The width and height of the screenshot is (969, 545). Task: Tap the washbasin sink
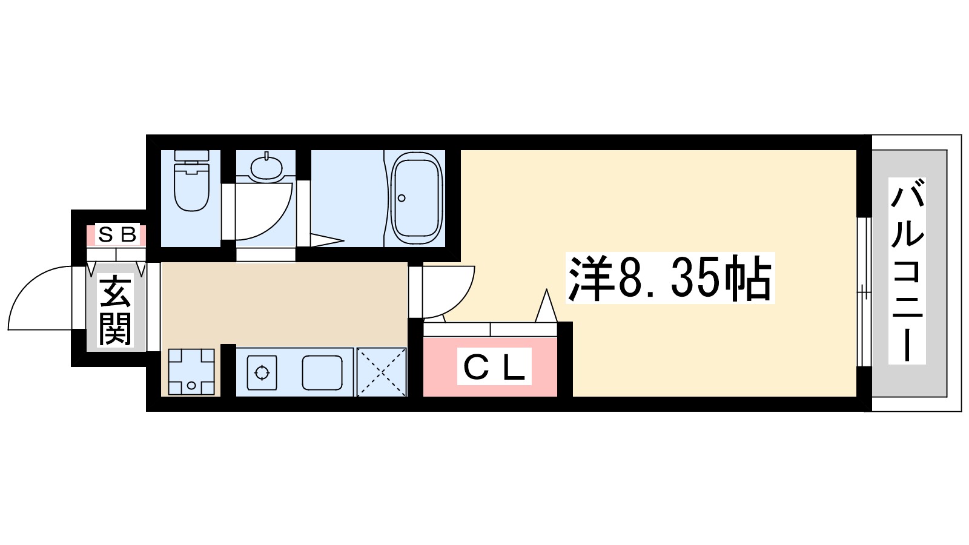266,167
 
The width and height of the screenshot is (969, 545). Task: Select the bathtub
417,197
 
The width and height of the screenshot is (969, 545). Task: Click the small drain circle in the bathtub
401,198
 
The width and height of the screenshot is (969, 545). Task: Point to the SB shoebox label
117,234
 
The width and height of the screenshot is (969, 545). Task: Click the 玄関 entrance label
115,310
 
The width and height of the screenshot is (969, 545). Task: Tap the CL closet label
494,366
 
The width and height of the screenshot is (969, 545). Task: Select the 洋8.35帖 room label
670,279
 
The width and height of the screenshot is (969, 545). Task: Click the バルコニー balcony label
907,271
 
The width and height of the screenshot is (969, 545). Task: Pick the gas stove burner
262,372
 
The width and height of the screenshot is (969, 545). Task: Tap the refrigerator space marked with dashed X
382,372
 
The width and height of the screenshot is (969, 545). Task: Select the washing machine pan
191,372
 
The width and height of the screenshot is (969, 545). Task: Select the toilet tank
191,157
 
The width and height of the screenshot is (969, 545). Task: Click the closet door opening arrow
546,306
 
